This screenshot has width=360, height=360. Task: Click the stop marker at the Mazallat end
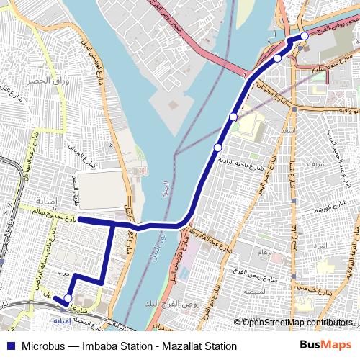tap(305, 35)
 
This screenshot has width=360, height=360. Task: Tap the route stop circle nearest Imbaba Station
tap(68, 298)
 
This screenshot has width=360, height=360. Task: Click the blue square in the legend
tap(11, 346)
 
